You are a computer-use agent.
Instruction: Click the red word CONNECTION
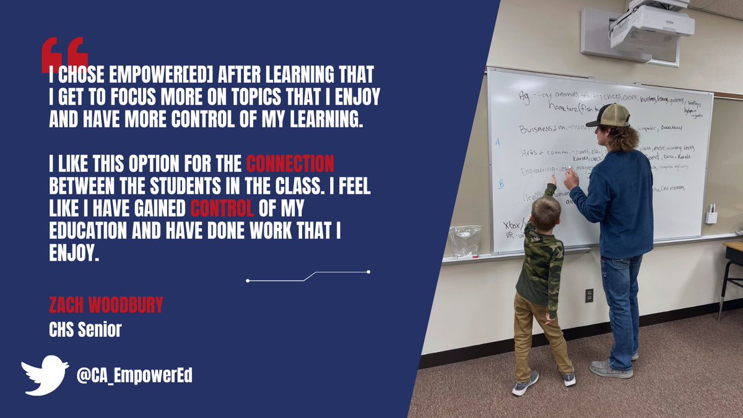[290, 165]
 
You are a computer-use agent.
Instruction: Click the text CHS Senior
[85, 330]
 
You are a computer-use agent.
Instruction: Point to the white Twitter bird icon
[45, 375]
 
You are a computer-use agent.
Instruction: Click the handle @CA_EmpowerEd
[134, 376]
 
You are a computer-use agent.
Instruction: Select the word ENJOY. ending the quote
[74, 254]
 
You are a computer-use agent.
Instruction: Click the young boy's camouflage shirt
[541, 260]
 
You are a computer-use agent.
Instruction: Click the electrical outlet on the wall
[589, 295]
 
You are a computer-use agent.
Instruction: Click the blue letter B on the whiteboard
[501, 184]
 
